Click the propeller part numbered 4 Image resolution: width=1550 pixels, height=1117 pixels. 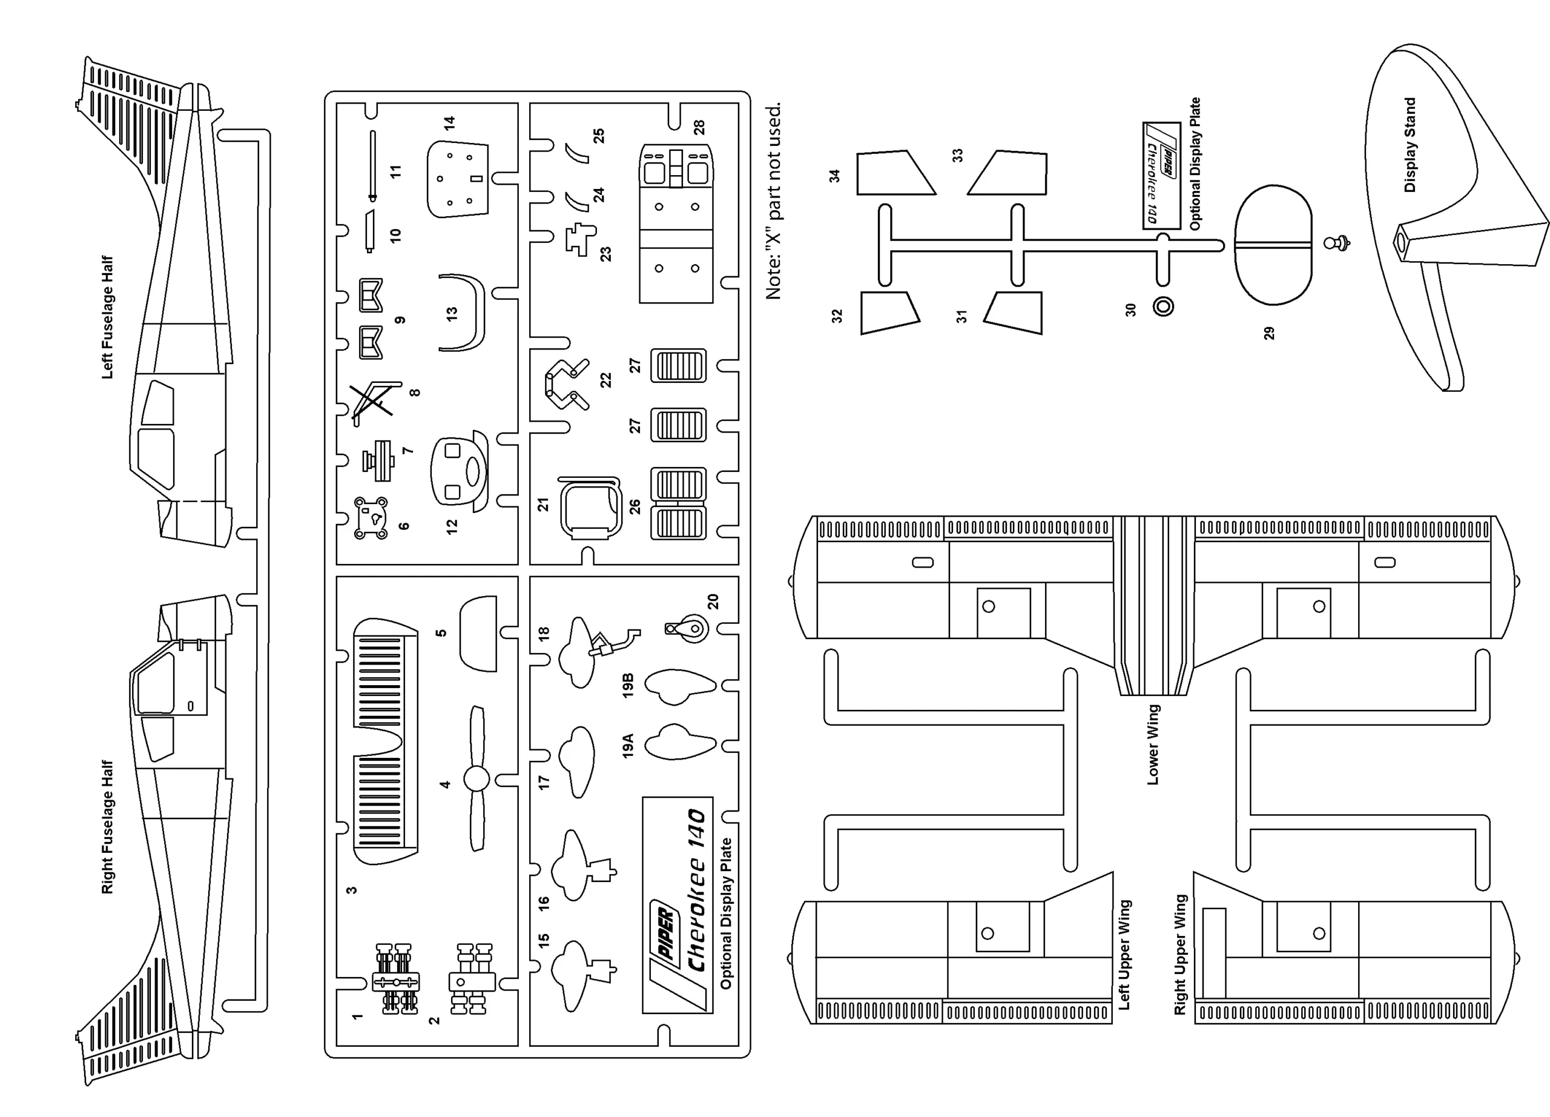(477, 778)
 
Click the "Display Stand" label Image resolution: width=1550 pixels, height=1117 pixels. (1409, 145)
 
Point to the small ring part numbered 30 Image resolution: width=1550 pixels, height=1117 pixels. (1163, 307)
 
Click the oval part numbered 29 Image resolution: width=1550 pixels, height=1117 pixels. (1273, 245)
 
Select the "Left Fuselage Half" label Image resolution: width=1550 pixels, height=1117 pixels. (107, 317)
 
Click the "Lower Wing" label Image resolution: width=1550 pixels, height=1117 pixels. (1152, 744)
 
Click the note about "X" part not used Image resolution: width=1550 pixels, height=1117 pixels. (773, 202)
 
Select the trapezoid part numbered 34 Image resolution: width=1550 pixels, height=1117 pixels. (893, 173)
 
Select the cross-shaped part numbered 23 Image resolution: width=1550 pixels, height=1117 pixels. (580, 239)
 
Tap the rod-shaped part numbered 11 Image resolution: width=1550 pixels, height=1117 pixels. (372, 164)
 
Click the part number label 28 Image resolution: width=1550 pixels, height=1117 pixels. (699, 127)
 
